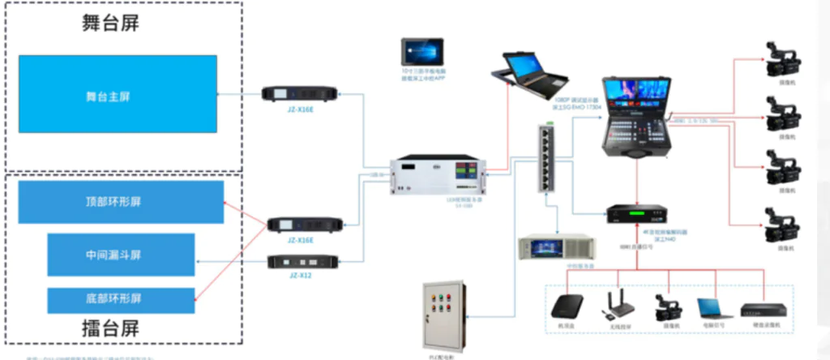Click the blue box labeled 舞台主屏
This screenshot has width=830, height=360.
click(118, 94)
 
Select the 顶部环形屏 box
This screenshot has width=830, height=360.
click(121, 202)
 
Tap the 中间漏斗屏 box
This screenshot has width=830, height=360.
click(121, 255)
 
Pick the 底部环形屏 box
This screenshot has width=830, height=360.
click(121, 301)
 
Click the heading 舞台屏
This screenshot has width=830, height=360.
click(110, 23)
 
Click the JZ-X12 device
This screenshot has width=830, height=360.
click(299, 262)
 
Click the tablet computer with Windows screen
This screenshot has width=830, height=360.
click(422, 51)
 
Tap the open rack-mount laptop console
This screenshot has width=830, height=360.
click(528, 75)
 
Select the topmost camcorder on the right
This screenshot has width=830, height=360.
click(784, 59)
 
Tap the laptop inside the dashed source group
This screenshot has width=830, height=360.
click(714, 308)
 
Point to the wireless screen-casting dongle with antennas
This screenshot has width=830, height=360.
click(618, 306)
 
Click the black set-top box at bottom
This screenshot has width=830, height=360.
click(567, 306)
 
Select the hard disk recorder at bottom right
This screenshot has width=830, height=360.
click(764, 309)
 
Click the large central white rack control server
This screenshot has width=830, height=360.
click(439, 177)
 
